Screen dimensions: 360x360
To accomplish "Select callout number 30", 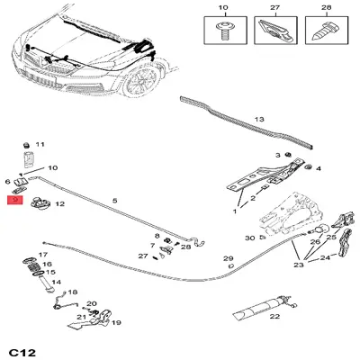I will [x=249, y=238].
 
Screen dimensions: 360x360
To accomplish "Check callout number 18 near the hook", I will [x=74, y=292].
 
